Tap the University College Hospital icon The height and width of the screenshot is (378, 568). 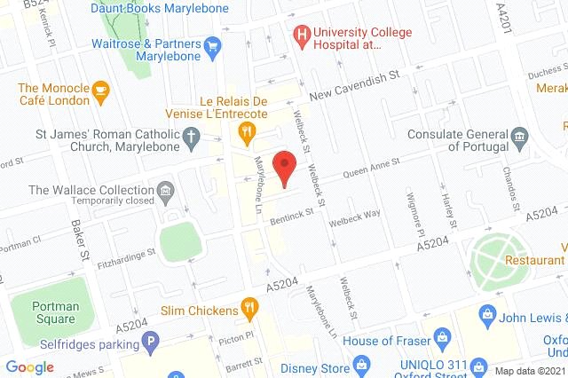click(x=303, y=35)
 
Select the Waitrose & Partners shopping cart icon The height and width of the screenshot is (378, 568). click(x=212, y=44)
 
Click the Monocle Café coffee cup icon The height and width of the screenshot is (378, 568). click(x=100, y=89)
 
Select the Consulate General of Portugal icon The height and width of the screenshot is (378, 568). click(x=521, y=135)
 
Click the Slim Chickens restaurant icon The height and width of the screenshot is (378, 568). click(x=251, y=310)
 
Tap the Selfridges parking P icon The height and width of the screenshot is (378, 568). click(x=152, y=340)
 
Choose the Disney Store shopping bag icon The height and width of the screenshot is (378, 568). click(x=360, y=366)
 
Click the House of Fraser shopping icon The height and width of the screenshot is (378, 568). click(x=442, y=337)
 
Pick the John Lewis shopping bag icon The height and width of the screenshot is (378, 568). click(x=486, y=314)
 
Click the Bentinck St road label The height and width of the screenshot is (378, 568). click(x=292, y=214)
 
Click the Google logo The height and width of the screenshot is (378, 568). click(x=30, y=366)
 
